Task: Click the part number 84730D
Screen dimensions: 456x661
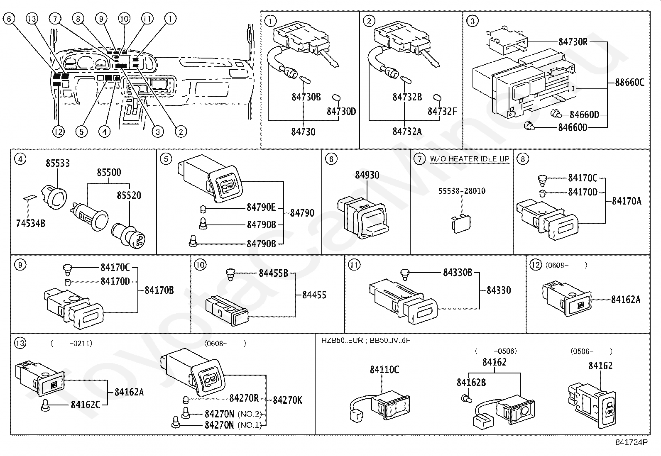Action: click(x=341, y=112)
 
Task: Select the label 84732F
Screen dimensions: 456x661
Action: click(x=442, y=112)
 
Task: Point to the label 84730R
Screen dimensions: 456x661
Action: click(x=573, y=42)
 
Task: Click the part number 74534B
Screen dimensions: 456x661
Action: click(x=31, y=224)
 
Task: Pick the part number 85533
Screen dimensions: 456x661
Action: click(x=58, y=163)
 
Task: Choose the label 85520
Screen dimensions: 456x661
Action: click(x=129, y=195)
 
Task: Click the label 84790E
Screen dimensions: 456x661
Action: click(x=261, y=207)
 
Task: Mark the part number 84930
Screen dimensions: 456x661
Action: click(x=367, y=175)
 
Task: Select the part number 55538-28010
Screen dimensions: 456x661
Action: click(x=462, y=191)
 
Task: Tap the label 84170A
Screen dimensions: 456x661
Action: click(x=626, y=201)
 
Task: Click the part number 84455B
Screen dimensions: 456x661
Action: click(x=273, y=273)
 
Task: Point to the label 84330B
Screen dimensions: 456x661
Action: click(x=458, y=273)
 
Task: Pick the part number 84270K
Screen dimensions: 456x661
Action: click(x=287, y=400)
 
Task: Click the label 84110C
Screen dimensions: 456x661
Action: click(x=384, y=370)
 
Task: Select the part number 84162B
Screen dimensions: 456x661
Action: click(x=471, y=383)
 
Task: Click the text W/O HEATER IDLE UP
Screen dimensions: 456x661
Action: click(x=469, y=159)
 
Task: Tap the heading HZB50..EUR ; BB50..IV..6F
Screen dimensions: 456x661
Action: click(x=366, y=341)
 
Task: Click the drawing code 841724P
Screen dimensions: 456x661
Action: click(x=631, y=442)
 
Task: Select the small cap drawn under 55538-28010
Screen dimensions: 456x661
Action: click(x=459, y=221)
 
